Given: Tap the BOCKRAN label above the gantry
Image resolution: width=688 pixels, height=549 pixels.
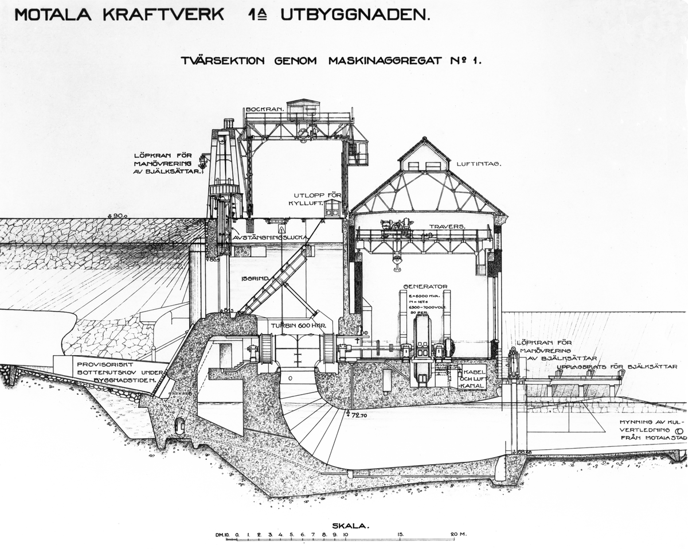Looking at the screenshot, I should [263, 109].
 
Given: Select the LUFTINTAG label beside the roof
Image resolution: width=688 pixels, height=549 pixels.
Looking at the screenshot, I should [479, 164].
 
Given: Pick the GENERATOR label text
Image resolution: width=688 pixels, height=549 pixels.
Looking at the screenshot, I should [425, 286].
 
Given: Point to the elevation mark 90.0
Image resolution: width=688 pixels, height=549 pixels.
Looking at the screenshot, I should [119, 216].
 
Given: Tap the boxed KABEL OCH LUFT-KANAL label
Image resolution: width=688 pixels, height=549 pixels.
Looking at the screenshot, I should [472, 378].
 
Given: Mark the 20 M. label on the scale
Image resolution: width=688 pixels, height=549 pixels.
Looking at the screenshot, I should [459, 534].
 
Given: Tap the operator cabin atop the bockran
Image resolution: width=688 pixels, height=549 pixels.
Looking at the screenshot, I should [303, 107].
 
